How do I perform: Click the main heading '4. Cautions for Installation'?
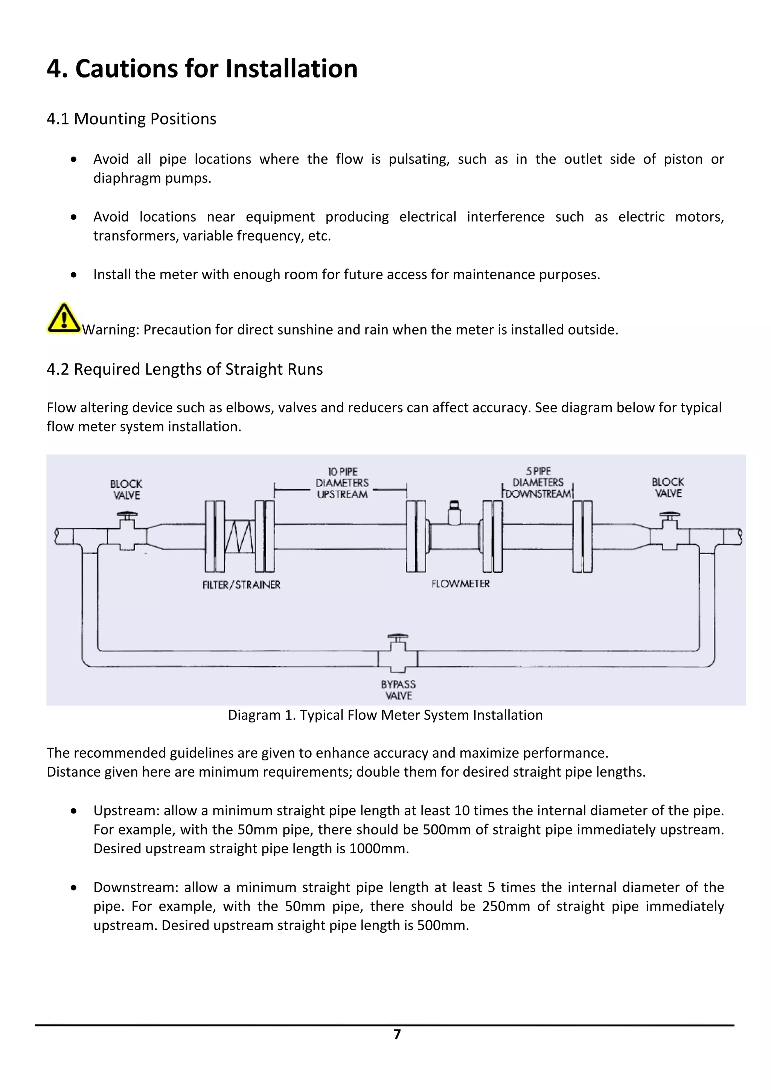tap(202, 68)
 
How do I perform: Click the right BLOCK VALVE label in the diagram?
tap(667, 488)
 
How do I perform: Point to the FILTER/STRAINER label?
tap(241, 585)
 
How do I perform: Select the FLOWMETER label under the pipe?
tap(460, 584)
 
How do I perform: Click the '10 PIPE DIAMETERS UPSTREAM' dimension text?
tap(342, 483)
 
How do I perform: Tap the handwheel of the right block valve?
tap(669, 514)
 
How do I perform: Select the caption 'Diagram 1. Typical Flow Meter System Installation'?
tap(385, 715)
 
